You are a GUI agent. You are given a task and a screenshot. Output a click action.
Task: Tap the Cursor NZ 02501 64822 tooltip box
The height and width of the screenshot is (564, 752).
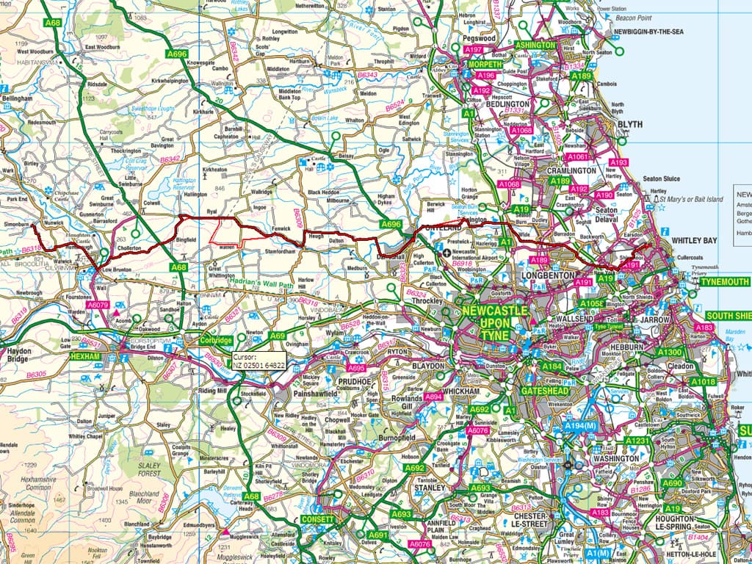tap(261, 360)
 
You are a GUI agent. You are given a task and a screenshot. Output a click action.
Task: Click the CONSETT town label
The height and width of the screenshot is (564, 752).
tap(317, 519)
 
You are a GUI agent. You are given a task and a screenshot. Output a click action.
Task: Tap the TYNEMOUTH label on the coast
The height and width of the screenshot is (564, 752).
tap(724, 282)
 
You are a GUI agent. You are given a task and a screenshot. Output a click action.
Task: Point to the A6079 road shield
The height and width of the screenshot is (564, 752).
tap(98, 304)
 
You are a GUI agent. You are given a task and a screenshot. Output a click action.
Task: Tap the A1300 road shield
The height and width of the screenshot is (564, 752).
tap(670, 352)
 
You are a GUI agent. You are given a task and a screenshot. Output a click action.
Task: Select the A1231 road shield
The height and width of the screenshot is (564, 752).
tap(637, 441)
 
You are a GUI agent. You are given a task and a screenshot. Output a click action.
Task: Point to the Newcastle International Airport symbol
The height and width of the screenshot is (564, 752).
tap(447, 253)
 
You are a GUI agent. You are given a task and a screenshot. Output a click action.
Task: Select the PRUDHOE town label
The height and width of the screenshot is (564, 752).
tap(357, 383)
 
